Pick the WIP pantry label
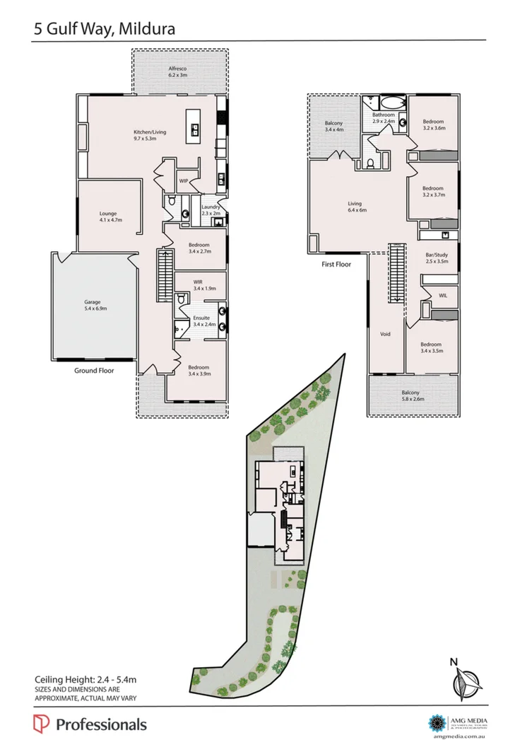pos(184,181)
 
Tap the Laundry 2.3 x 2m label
pos(211,210)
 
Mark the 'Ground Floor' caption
pos(95,370)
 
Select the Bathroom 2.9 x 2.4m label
pos(384,117)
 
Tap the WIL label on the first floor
pos(443,294)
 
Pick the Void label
pos(386,334)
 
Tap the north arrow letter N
pos(454,662)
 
